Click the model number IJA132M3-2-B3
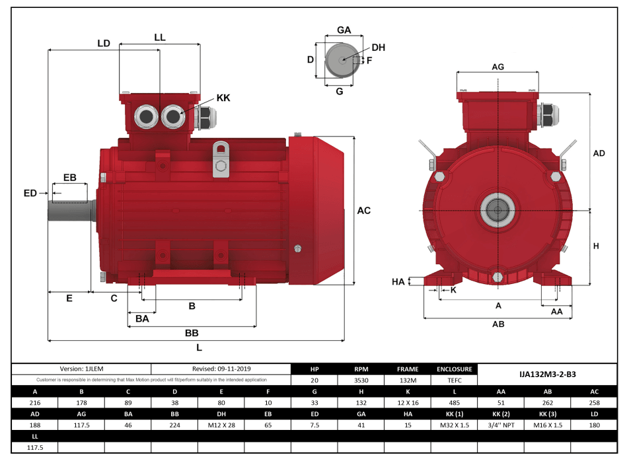point(547,374)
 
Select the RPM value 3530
point(362,380)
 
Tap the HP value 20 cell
point(314,380)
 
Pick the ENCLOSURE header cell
point(455,369)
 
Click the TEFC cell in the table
point(455,380)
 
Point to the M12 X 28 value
point(221,425)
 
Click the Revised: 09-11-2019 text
point(221,369)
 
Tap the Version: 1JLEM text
point(81,369)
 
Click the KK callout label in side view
point(223,98)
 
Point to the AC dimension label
point(363,211)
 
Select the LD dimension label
point(103,43)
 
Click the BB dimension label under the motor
point(192,333)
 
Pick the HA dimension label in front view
point(398,282)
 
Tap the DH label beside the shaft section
point(378,48)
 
